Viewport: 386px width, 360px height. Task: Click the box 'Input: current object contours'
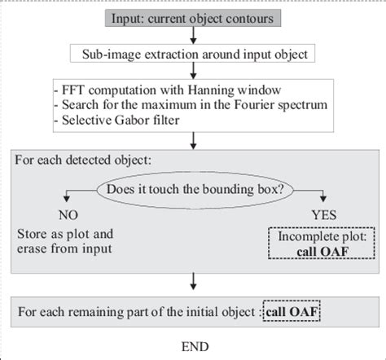193,15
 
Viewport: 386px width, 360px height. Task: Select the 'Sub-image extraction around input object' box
194,55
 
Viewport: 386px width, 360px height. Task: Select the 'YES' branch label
319,218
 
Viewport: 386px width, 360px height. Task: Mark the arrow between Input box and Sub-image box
193,35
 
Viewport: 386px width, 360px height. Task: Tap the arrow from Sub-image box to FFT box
193,72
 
